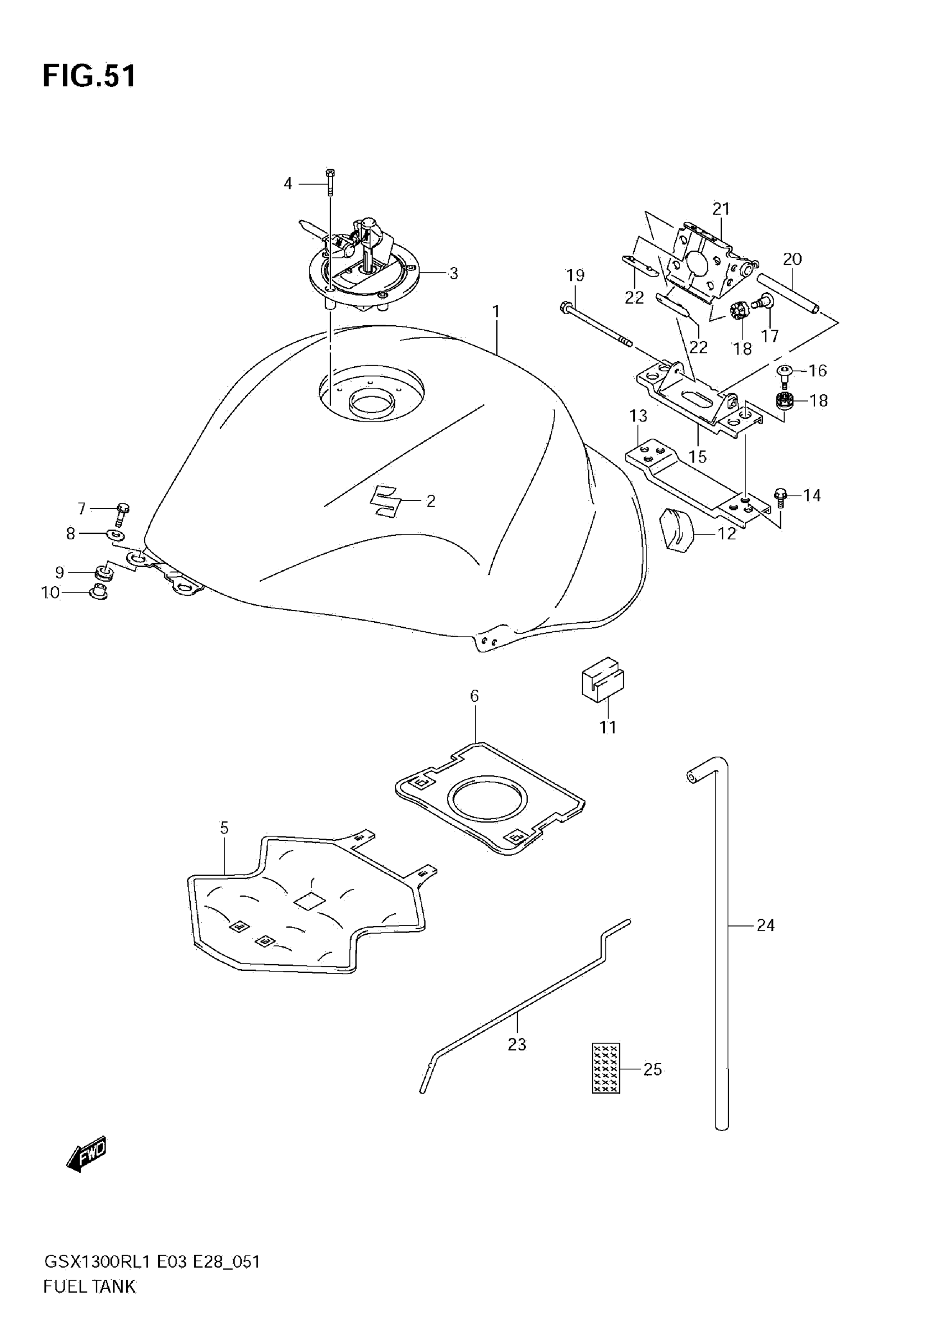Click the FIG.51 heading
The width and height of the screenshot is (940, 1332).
coord(90,76)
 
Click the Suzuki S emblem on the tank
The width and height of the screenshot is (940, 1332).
coord(384,500)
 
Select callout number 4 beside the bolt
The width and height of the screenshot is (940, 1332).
coord(288,184)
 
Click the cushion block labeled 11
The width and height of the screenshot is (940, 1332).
coord(603,679)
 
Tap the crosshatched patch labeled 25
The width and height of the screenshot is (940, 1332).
coord(606,1068)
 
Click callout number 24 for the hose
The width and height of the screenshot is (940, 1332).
coord(765,925)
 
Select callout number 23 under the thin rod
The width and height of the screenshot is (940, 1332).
coord(516,1045)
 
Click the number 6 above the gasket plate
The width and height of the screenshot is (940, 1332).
coord(474,695)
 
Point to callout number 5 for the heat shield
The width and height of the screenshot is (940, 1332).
coord(224,828)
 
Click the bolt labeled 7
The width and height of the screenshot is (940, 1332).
coord(122,513)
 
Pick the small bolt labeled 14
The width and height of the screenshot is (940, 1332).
coord(781,497)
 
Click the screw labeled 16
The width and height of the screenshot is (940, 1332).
coord(784,372)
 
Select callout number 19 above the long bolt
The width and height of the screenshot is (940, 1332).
coord(575,275)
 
